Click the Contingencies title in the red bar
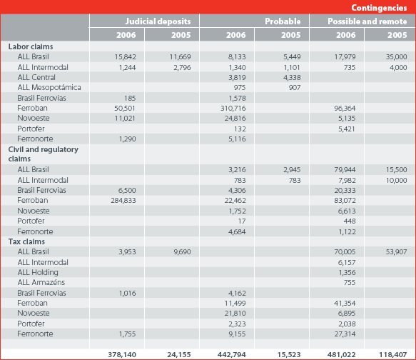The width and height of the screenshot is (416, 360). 379,8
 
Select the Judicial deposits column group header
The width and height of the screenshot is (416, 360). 158,21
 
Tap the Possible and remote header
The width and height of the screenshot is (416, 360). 367,21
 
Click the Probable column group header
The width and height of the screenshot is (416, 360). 283,21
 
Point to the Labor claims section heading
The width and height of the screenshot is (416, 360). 31,46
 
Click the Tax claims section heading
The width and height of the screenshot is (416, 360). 26,241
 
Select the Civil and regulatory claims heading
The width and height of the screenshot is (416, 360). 44,154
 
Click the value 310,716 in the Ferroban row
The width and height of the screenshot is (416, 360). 233,109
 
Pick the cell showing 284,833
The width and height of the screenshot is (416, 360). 123,201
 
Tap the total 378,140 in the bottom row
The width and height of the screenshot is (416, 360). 122,354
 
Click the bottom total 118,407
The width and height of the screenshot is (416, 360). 393,354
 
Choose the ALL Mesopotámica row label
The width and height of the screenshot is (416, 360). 49,87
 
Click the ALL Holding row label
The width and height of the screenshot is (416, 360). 38,272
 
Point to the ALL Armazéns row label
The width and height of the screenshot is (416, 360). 41,282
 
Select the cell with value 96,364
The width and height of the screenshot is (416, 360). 345,109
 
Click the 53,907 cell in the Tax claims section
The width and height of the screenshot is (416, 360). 396,252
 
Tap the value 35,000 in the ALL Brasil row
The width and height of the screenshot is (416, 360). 396,57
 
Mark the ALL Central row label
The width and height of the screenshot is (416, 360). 36,77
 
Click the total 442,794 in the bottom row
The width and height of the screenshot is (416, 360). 232,354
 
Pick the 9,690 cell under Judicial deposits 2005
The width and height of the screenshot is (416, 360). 182,252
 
